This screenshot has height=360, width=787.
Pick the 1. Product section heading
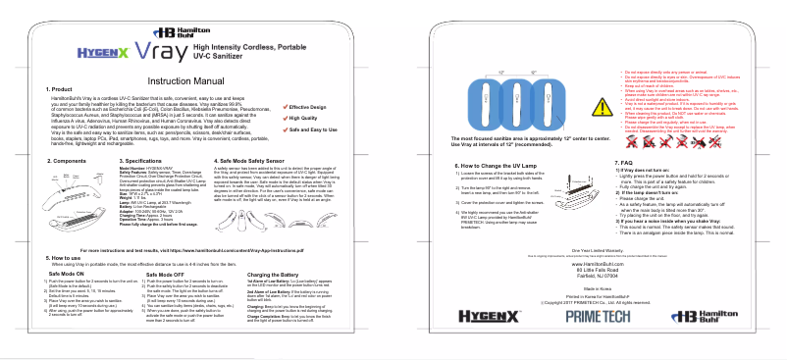[x=61, y=89]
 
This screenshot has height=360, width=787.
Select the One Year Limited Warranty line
[x=589, y=250]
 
